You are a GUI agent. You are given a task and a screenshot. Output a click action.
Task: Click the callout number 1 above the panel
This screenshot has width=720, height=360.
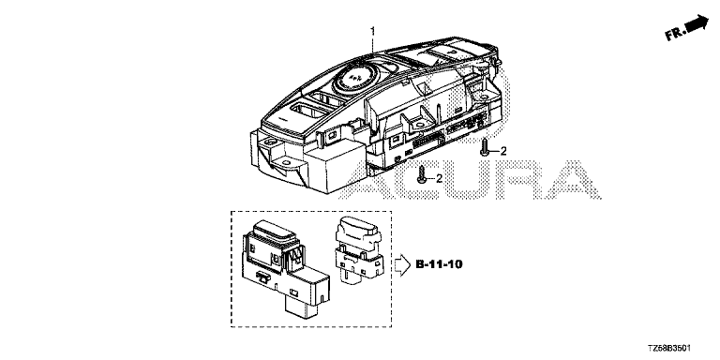373,31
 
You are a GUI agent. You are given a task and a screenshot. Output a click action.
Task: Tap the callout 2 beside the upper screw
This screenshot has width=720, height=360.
503,151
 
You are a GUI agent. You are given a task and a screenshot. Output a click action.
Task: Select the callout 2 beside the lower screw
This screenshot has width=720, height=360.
439,179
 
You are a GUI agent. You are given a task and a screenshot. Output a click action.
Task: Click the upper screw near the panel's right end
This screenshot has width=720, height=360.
484,149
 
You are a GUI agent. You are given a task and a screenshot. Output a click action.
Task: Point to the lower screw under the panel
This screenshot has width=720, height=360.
422,175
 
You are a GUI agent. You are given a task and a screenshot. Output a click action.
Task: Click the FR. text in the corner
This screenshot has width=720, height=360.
676,34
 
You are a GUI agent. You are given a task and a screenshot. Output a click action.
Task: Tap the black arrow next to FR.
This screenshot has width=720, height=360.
697,22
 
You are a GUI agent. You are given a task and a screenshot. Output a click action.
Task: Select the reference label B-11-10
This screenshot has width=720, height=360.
439,264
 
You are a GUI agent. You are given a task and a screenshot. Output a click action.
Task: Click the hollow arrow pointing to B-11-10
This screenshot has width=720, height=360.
402,265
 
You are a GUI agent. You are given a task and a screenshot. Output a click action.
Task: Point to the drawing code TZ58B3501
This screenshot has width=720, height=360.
669,349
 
